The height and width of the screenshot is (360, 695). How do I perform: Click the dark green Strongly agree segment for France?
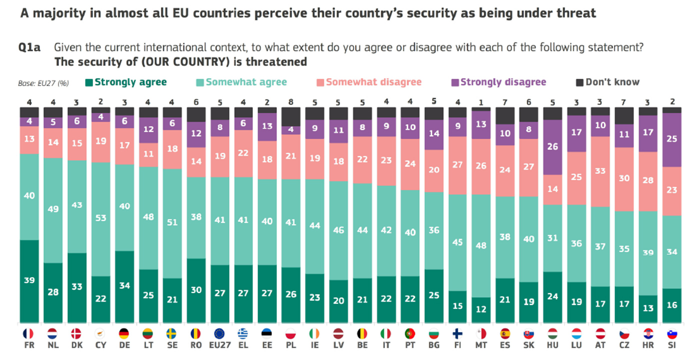point(29,281)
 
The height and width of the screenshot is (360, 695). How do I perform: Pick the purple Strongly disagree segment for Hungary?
point(552,147)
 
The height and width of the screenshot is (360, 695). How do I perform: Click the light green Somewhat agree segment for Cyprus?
point(101,219)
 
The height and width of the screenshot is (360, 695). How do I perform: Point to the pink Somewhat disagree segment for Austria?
point(600,171)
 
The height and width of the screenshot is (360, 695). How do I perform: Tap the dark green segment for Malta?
point(480,310)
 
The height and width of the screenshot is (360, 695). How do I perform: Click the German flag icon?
point(125,333)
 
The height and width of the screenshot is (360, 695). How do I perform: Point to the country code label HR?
point(648,345)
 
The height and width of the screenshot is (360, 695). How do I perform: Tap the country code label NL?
point(53,345)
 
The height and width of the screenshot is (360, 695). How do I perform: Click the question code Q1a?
point(29,48)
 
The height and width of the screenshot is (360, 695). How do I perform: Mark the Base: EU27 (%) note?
point(43,83)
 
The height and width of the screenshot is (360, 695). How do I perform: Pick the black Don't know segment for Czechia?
point(624,115)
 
